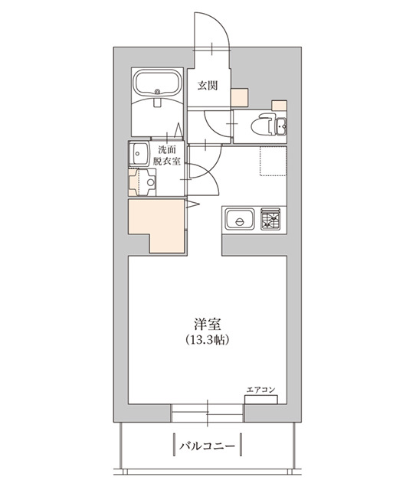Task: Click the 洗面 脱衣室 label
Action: point(166,155)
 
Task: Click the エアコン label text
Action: point(260,390)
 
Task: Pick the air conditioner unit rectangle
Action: point(260,400)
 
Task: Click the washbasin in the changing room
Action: point(139,154)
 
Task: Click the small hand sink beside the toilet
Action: point(282,126)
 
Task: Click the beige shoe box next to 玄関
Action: point(240,98)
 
